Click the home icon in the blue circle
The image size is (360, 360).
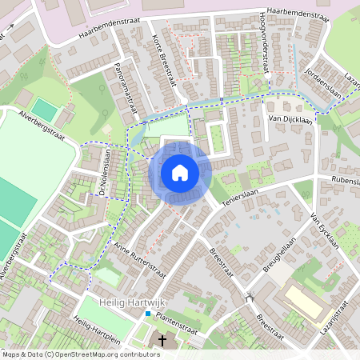coord(180,172)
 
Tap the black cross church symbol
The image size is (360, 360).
coord(162,341)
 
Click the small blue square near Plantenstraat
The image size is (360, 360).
coord(147,314)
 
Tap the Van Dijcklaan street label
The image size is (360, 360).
coord(289,118)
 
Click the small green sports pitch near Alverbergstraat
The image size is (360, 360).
coord(46,110)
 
